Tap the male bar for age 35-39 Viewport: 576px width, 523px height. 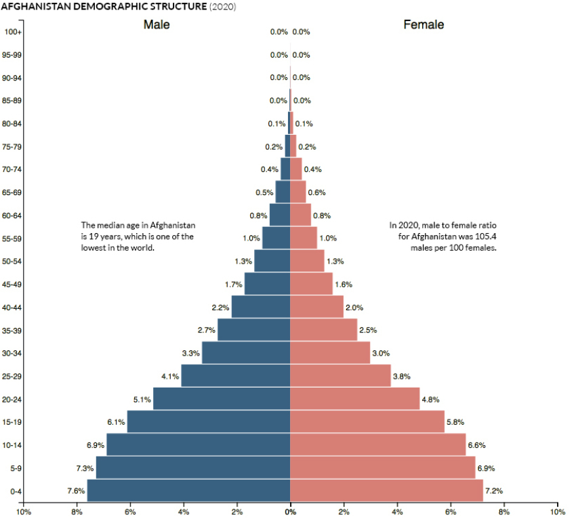click(x=253, y=330)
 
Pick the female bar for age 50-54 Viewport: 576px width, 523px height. click(x=307, y=261)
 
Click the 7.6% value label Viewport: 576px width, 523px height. click(x=75, y=490)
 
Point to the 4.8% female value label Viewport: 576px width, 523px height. click(x=430, y=400)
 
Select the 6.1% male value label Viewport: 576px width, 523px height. click(x=116, y=422)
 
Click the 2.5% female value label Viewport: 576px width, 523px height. click(x=368, y=330)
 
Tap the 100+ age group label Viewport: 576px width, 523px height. click(x=13, y=32)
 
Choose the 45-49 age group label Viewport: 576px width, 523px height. click(x=13, y=285)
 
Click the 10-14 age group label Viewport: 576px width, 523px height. click(x=13, y=445)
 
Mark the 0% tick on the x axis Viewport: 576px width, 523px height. click(x=290, y=512)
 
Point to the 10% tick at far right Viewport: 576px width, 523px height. click(x=557, y=512)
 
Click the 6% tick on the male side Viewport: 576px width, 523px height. click(x=130, y=512)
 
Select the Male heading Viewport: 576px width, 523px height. click(x=157, y=25)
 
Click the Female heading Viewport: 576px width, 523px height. click(x=424, y=25)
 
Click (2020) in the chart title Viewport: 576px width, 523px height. click(x=222, y=6)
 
